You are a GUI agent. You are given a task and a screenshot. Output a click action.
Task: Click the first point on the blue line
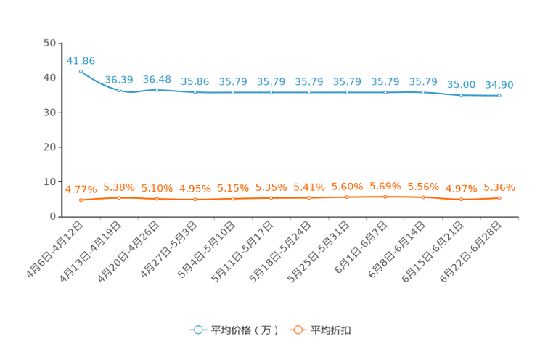[x=81, y=70]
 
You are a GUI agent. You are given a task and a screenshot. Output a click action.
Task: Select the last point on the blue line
[x=499, y=96]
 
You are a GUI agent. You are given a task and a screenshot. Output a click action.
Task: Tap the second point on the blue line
[x=119, y=90]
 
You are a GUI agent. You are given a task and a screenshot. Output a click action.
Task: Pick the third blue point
[x=157, y=90]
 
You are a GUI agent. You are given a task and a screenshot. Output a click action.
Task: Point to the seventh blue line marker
[x=309, y=93]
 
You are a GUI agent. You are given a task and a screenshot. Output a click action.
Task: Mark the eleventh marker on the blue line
[x=461, y=95]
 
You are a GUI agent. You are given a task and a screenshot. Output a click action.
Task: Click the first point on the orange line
[x=81, y=200]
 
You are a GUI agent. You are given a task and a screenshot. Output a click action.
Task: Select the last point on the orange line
[x=499, y=198]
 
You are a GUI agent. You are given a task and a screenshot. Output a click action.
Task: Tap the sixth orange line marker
[x=271, y=198]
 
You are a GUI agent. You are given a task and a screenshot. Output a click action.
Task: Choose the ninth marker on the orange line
[x=385, y=197]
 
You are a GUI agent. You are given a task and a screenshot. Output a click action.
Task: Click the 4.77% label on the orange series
[x=81, y=190]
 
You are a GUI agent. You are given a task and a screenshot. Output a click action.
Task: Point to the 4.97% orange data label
[x=461, y=189]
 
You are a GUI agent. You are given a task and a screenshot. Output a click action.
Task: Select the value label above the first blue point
[x=81, y=60]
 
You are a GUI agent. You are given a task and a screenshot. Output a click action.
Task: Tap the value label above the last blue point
[x=499, y=85]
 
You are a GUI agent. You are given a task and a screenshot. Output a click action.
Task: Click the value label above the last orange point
[x=499, y=187]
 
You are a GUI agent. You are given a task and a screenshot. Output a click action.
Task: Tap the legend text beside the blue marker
[x=245, y=330]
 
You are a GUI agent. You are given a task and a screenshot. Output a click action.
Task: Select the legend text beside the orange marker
[x=332, y=330]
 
